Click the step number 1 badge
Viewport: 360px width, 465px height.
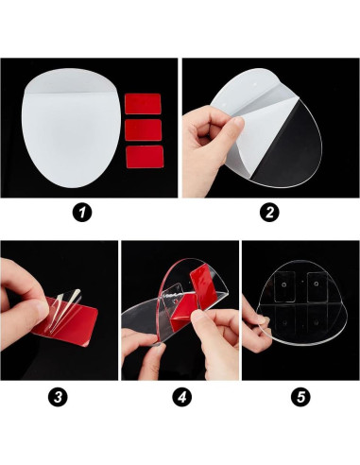coord(82,213)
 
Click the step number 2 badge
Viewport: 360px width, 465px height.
coord(269,213)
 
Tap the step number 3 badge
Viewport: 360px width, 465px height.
coord(58,397)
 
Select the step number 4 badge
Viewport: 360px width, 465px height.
coord(181,397)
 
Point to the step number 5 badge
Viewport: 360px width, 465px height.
coord(300,397)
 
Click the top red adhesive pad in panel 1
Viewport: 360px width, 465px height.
coord(143,104)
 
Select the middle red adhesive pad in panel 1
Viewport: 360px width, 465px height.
coord(144,129)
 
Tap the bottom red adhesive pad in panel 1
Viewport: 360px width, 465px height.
coord(145,157)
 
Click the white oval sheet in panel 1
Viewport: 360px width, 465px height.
coord(70,128)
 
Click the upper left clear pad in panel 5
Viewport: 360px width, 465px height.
coord(284,286)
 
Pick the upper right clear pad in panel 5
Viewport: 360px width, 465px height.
coord(317,286)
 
